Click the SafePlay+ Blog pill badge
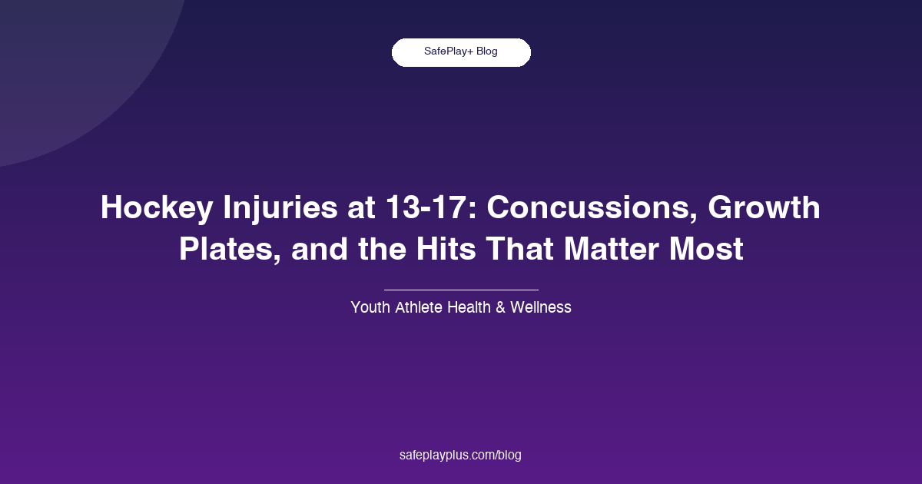pyautogui.click(x=461, y=52)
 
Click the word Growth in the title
pyautogui.click(x=764, y=208)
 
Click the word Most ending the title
pyautogui.click(x=708, y=250)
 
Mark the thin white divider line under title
pyautogui.click(x=461, y=290)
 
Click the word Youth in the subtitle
pyautogui.click(x=370, y=307)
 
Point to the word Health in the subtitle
pyautogui.click(x=476, y=307)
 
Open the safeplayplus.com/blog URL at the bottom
pyautogui.click(x=461, y=455)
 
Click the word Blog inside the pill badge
pyautogui.click(x=487, y=52)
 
